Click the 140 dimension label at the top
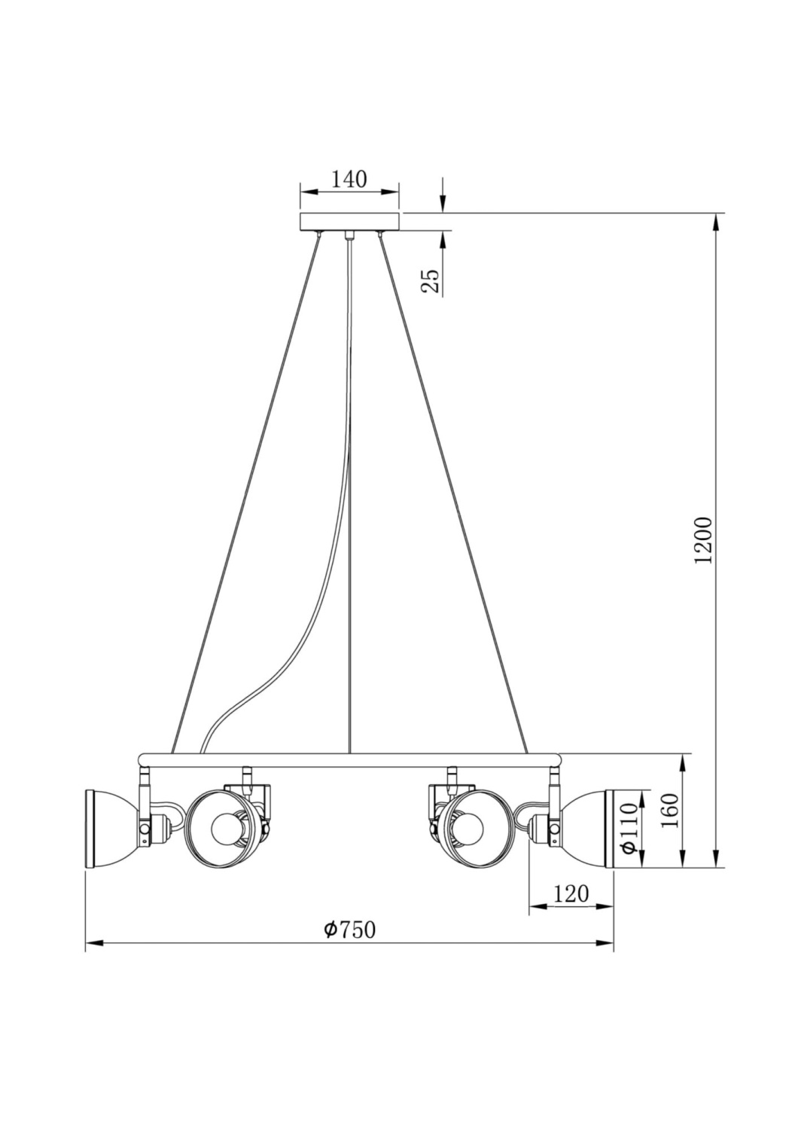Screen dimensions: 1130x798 point(349,179)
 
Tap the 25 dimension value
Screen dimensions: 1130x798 point(430,280)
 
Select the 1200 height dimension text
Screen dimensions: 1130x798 point(703,539)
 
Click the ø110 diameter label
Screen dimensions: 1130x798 point(630,828)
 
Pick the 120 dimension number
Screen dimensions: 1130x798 point(571,894)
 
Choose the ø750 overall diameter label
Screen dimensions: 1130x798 point(349,930)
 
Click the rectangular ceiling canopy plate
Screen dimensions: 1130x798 point(349,222)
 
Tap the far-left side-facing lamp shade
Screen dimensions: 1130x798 point(109,829)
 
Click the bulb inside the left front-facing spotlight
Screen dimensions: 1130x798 point(224,829)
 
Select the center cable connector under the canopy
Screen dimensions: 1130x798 point(349,236)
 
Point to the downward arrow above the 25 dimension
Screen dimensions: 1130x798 point(443,203)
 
